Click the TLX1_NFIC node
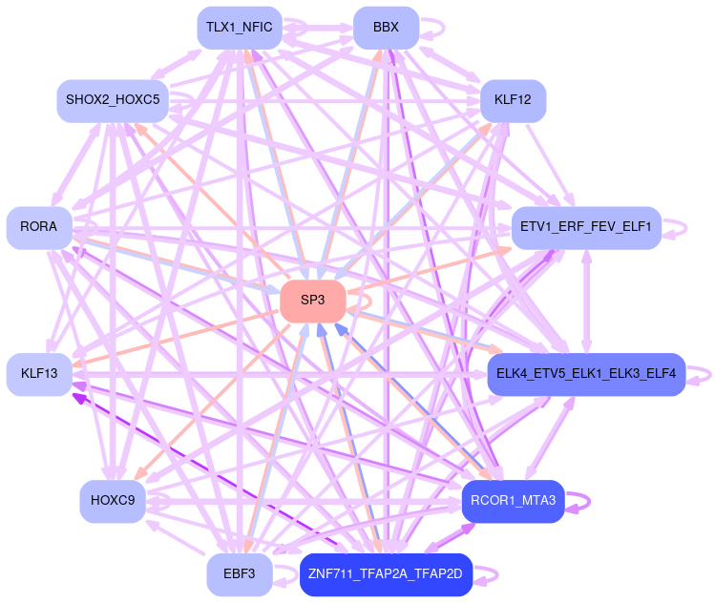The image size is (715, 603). (239, 28)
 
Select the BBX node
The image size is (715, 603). (386, 28)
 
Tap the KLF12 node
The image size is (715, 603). (513, 99)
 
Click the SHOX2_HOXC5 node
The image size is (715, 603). (112, 99)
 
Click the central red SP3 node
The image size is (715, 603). (312, 300)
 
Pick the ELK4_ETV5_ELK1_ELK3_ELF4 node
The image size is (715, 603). (587, 374)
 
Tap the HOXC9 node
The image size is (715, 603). (112, 500)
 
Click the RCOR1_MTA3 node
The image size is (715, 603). (513, 500)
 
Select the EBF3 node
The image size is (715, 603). (239, 574)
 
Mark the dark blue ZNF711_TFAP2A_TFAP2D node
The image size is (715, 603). (386, 574)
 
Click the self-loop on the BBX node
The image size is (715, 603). (435, 28)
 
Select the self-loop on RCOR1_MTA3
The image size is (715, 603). (581, 500)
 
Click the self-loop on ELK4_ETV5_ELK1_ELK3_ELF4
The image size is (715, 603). (703, 374)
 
